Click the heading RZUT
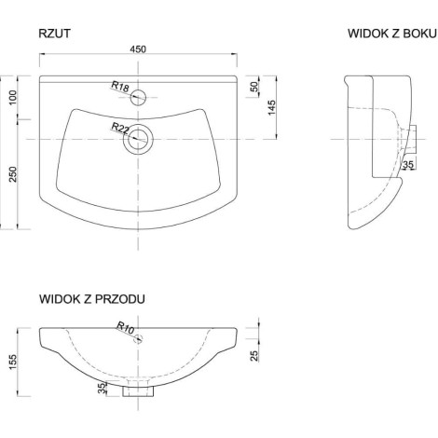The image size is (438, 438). [54, 34]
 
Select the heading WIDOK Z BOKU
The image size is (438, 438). [392, 34]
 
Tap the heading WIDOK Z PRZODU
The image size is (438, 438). [92, 299]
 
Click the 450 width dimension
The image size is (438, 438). [138, 49]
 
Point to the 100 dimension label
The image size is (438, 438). [12, 98]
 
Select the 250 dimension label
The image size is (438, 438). [12, 174]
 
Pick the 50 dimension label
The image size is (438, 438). [254, 87]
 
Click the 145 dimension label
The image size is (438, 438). [271, 107]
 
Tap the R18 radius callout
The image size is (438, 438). [120, 87]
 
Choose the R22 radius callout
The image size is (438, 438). [120, 128]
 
